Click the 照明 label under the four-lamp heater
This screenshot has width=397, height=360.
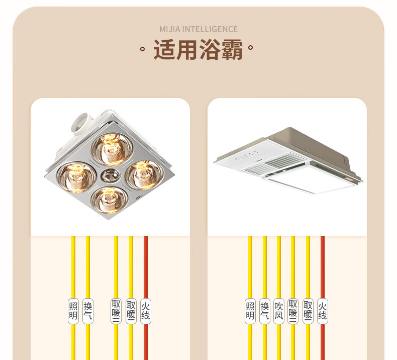(73, 311)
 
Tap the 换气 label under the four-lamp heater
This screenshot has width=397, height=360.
(88, 311)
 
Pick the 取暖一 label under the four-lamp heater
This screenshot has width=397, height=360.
(131, 311)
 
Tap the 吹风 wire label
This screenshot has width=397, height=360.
(279, 311)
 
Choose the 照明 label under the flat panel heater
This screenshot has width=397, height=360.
(250, 311)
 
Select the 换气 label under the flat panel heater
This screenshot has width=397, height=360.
(265, 311)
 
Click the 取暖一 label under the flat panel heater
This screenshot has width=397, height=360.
(308, 311)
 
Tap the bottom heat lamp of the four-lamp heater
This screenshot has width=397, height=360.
(109, 200)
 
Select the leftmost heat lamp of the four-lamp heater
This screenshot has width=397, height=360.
(76, 176)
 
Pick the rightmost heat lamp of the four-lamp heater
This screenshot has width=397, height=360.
(142, 173)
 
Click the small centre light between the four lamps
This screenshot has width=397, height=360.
(109, 176)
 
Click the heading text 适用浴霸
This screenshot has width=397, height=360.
(198, 51)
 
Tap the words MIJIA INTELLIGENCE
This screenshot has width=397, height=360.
(198, 29)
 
